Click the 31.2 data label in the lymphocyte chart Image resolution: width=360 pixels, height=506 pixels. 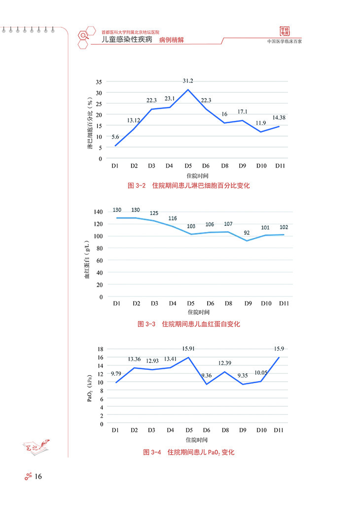point(188,81)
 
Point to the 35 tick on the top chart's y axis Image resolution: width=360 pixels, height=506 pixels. point(99,82)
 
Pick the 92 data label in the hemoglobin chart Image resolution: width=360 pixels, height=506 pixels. point(246,232)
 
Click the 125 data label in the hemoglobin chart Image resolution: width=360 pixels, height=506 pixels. point(154,213)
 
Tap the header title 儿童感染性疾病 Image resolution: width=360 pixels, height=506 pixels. point(123,40)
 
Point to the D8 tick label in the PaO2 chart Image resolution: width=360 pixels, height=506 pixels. point(225,431)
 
